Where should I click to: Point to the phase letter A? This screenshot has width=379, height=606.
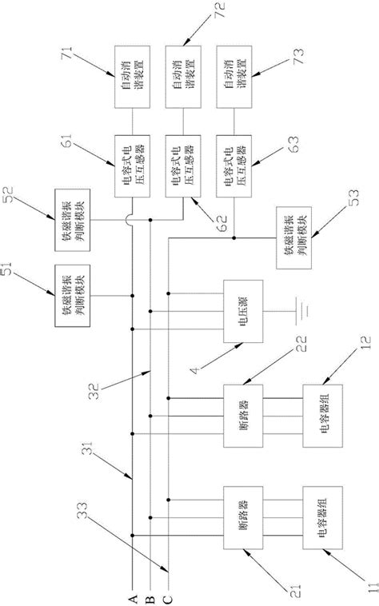coord(133,595)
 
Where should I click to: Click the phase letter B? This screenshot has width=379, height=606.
coord(150,595)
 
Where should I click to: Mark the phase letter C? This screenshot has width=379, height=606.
coord(167,595)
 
